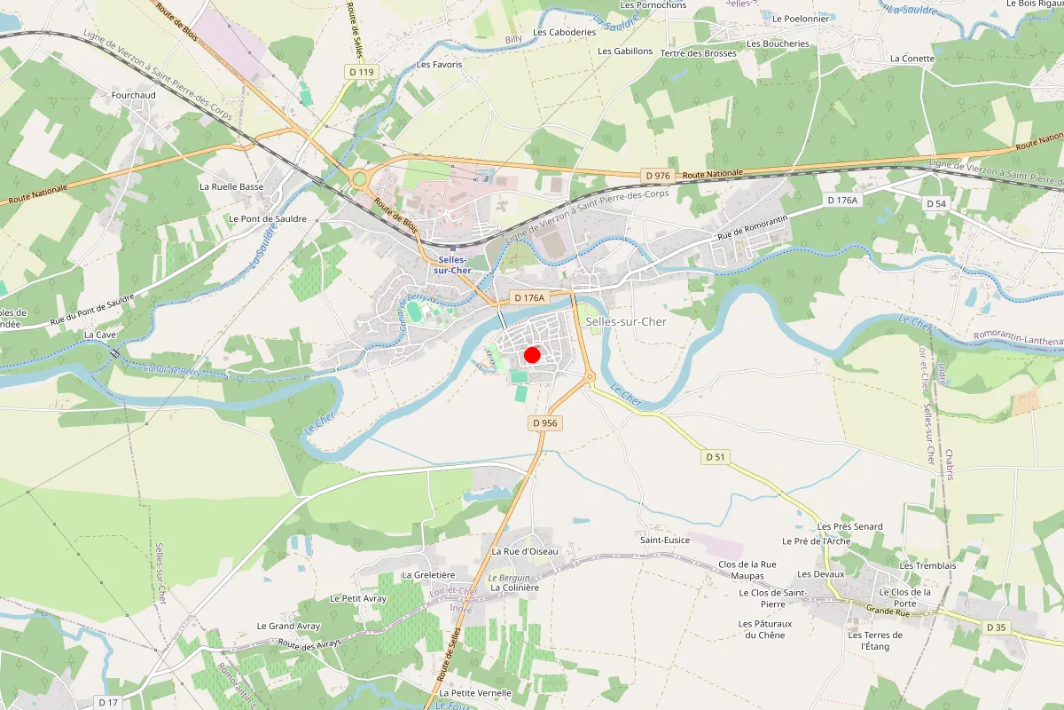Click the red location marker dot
pyautogui.click(x=532, y=355)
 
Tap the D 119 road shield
pyautogui.click(x=358, y=71)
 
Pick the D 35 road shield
pyautogui.click(x=997, y=627)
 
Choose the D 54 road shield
pyautogui.click(x=936, y=203)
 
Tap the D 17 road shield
pyautogui.click(x=108, y=702)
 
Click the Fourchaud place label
pyautogui.click(x=133, y=95)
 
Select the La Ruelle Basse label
pyautogui.click(x=231, y=187)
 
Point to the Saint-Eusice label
pyautogui.click(x=665, y=540)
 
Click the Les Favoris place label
pyautogui.click(x=439, y=65)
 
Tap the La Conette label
pyautogui.click(x=912, y=59)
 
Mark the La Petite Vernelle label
pyautogui.click(x=475, y=692)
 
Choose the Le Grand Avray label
pyautogui.click(x=288, y=626)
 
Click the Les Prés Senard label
pyautogui.click(x=849, y=526)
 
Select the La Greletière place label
pyautogui.click(x=428, y=574)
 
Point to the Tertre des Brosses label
pyautogui.click(x=699, y=53)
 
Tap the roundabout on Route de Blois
pyautogui.click(x=359, y=178)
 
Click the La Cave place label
pyautogui.click(x=101, y=335)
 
